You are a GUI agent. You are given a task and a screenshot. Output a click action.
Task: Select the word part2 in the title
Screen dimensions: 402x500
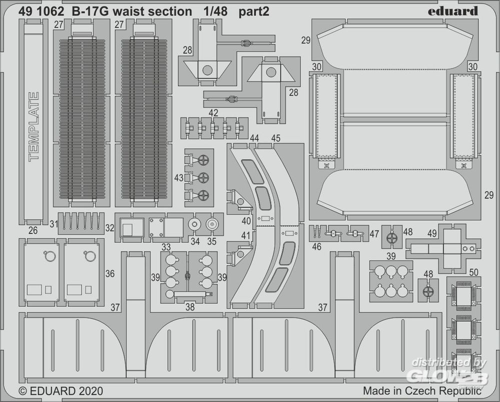click(253, 11)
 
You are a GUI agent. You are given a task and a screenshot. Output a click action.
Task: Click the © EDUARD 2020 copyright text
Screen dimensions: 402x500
click(61, 390)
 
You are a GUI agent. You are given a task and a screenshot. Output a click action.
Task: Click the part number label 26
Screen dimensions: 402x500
click(33, 231)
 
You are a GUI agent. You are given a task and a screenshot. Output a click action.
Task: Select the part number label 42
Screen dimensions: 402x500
click(213, 113)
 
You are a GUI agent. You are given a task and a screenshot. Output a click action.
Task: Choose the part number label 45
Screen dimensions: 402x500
click(275, 138)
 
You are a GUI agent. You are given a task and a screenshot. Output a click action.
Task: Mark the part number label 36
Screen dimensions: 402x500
click(110, 274)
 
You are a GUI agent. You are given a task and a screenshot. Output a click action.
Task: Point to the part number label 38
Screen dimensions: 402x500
click(190, 308)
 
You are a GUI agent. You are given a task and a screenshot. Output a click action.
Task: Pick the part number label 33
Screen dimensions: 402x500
click(166, 247)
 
